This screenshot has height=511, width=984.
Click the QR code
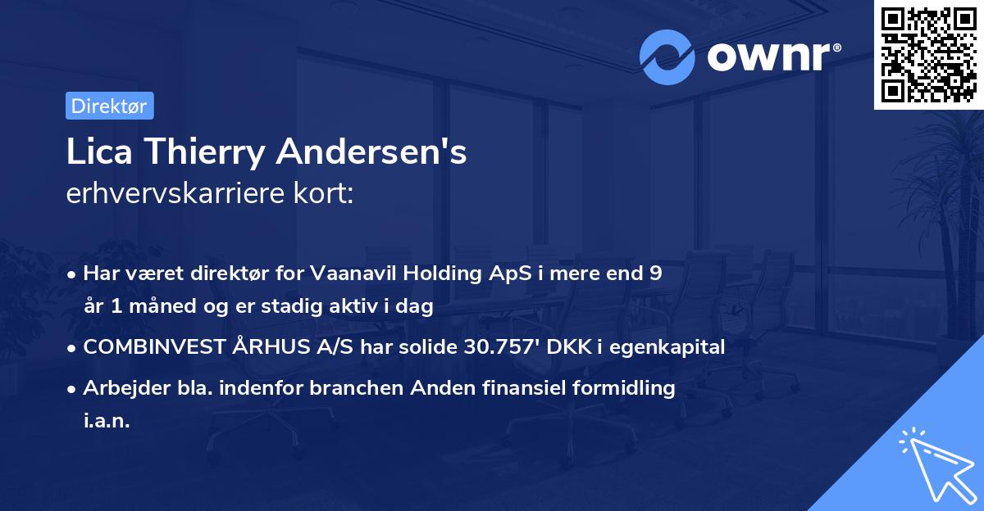point(928,55)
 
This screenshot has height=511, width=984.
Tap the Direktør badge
point(109,106)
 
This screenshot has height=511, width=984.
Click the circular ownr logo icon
point(668,57)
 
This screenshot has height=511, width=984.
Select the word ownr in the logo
point(769,57)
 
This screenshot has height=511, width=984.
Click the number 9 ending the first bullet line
point(654,274)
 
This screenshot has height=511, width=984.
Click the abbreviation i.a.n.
point(107,421)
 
